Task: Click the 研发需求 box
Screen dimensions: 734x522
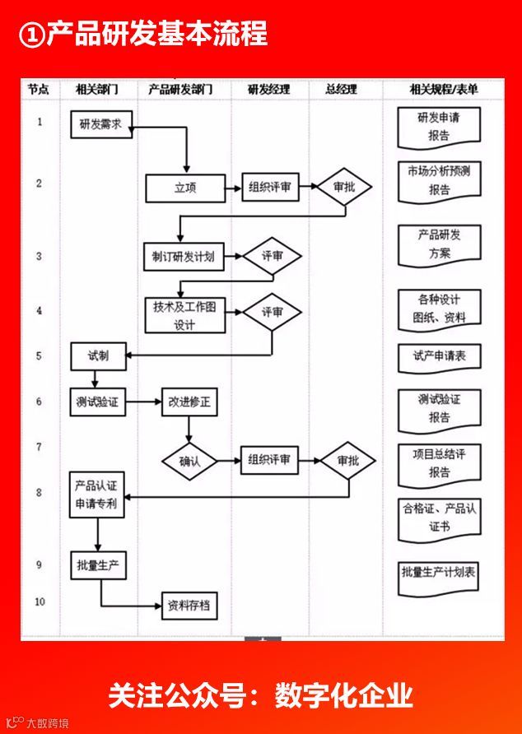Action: pos(100,124)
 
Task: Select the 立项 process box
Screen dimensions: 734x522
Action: pos(184,188)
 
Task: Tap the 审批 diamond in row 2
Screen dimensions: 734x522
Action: pos(344,188)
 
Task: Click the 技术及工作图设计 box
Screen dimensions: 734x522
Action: pos(184,314)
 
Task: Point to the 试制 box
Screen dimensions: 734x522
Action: pos(98,355)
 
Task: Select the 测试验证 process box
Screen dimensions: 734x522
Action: pos(98,402)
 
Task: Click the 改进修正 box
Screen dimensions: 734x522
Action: pos(190,402)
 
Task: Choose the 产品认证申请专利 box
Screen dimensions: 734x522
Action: pos(98,494)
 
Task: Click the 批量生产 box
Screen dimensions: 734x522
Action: pos(100,564)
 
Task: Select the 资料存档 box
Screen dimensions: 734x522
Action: pos(189,607)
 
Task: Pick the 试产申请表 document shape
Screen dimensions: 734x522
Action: pos(439,357)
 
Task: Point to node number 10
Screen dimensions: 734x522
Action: pos(39,602)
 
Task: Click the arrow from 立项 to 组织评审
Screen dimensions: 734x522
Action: pos(231,188)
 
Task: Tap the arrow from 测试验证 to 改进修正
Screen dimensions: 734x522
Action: pos(143,402)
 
